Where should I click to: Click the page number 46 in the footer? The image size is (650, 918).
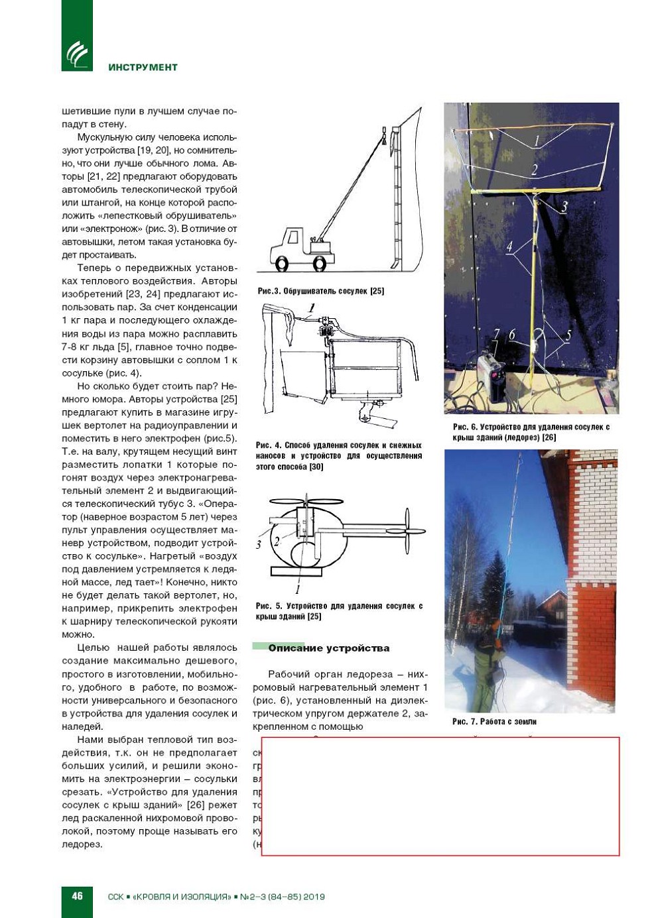coord(77,895)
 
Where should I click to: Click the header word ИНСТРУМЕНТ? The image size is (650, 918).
coord(143,67)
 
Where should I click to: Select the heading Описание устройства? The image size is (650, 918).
coord(328,648)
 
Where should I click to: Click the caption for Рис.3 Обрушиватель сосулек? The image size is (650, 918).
coord(321,291)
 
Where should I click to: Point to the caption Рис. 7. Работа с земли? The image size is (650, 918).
coord(494,722)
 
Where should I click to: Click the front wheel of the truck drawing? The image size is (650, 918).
coord(282,263)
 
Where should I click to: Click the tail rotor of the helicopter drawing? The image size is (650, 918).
coord(407,531)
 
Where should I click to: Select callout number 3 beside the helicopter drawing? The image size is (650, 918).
coord(259,544)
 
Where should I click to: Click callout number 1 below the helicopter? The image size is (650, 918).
coord(298,589)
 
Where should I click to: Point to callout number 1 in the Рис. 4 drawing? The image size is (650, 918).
coord(311,308)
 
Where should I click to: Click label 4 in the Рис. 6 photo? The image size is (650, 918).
coord(509,247)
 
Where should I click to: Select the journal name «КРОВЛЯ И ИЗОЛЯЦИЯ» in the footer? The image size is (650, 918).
coord(182,897)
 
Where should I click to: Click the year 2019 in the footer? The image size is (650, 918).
coord(314,897)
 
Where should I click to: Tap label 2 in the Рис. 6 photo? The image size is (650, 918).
coord(535,170)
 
